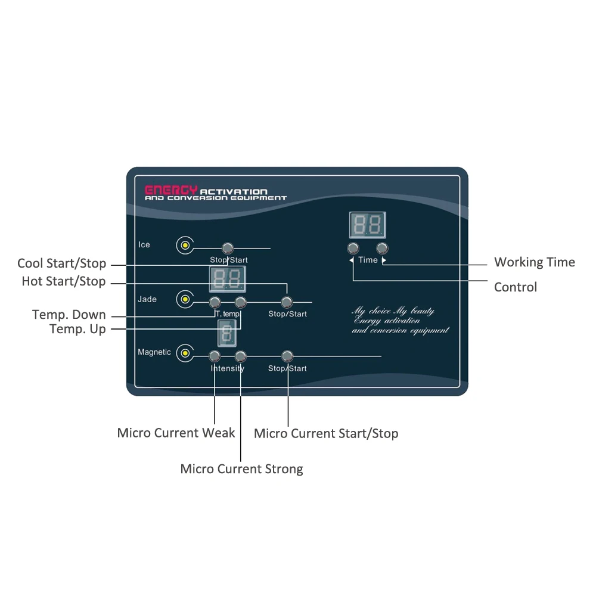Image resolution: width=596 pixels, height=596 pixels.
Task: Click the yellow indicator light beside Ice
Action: pos(185,245)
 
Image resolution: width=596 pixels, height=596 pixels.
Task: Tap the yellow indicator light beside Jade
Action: pos(185,299)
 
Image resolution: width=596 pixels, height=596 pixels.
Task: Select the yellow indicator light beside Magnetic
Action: pos(185,353)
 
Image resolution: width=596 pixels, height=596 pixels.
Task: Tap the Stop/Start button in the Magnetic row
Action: pos(287,356)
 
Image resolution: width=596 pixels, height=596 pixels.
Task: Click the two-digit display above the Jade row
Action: pos(226,278)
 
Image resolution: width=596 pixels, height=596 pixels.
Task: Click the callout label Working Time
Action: pos(535,262)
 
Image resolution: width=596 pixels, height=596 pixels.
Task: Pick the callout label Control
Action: pos(516,287)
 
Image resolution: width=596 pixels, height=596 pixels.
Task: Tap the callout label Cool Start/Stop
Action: pos(61,263)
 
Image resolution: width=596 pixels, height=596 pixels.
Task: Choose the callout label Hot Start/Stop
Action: pos(63,281)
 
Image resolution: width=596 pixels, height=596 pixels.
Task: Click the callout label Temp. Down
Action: pos(69,315)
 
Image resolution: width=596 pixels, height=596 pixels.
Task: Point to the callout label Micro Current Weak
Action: pos(176,433)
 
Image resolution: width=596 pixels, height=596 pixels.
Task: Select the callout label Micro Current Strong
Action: pos(241,469)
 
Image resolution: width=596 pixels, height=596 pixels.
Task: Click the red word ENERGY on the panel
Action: pos(172,190)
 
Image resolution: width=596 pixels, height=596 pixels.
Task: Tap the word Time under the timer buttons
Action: pos(368,260)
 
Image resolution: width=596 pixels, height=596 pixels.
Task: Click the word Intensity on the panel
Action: pos(227,368)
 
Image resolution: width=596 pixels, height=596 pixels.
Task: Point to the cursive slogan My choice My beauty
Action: pos(393,311)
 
